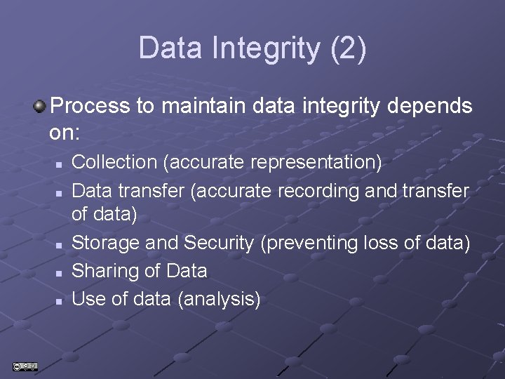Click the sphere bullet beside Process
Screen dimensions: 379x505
click(x=40, y=107)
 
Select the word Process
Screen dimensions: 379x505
click(x=91, y=107)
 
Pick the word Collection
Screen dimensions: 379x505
click(x=114, y=162)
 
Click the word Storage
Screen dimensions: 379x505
click(x=105, y=243)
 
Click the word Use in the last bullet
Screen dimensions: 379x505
click(x=89, y=299)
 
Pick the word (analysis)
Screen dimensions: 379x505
click(x=219, y=300)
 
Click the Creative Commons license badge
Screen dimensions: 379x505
click(x=25, y=366)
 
